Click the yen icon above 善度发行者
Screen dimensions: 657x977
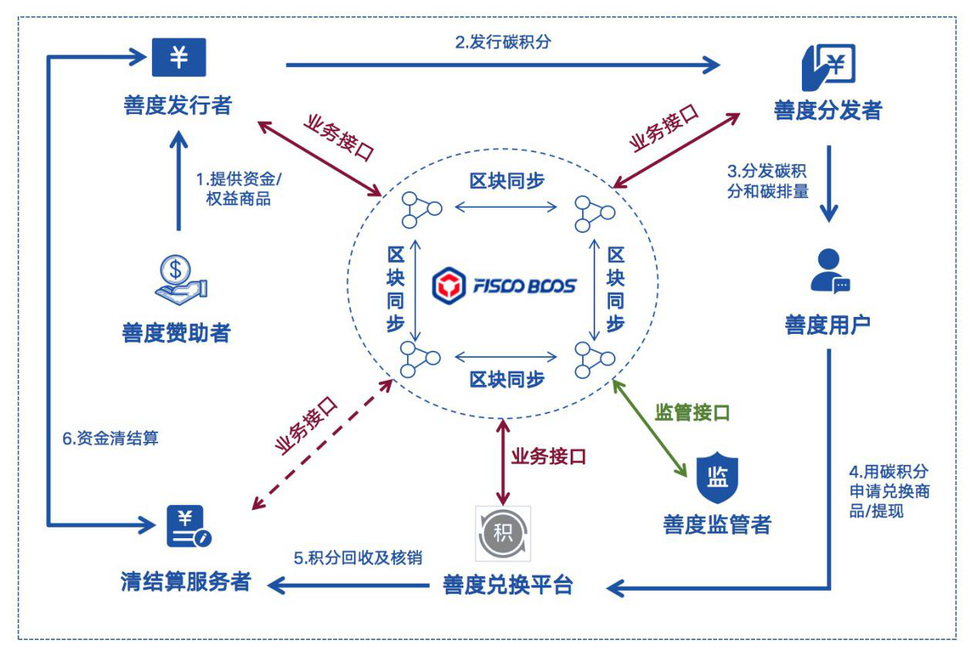tap(178, 59)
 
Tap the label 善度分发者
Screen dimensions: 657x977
tap(827, 110)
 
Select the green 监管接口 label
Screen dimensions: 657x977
tap(692, 412)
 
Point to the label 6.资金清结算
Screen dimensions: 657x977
tap(110, 437)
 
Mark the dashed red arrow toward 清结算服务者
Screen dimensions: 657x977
tap(320, 443)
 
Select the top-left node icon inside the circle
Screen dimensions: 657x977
tap(420, 211)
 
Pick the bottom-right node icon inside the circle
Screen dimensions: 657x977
tap(594, 359)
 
